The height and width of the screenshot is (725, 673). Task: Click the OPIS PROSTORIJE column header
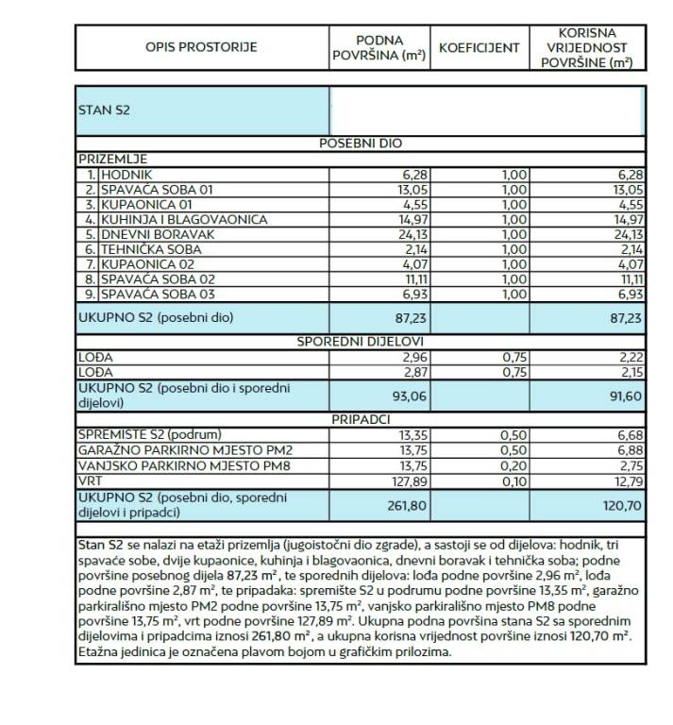201,47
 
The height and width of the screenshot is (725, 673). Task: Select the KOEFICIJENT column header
479,47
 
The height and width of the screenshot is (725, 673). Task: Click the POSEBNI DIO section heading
361,143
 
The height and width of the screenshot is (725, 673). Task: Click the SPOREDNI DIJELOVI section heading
361,341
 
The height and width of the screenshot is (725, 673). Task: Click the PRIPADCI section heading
361,418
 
